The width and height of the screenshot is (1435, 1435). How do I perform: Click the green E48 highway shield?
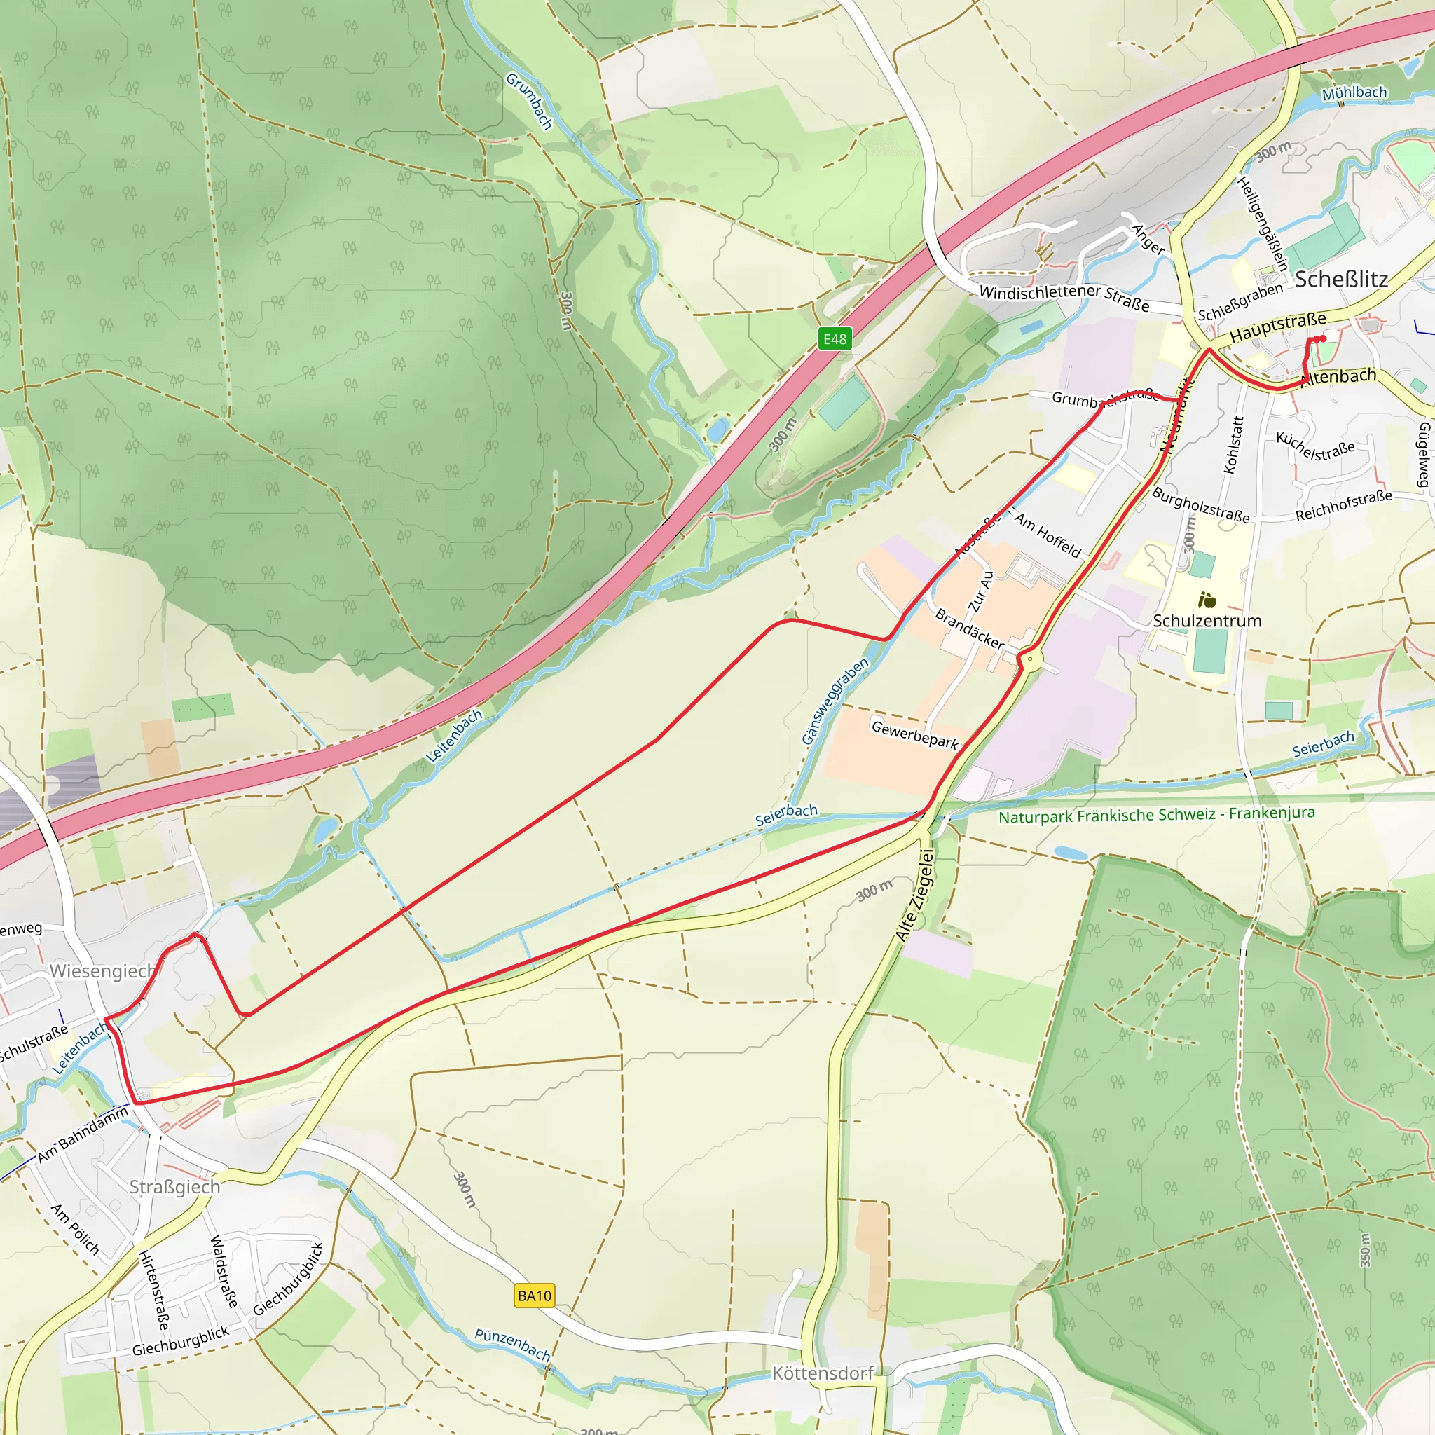pos(834,338)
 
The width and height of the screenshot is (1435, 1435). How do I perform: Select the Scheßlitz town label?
pos(1340,279)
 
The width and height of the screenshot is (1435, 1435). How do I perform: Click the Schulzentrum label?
pos(1207,620)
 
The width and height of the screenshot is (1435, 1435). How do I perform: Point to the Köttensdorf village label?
pos(822,1373)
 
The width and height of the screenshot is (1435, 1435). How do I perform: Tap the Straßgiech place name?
pos(174,1187)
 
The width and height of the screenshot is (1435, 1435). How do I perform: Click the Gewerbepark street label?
pos(914,734)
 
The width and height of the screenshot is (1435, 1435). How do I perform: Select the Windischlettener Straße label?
pos(1064,296)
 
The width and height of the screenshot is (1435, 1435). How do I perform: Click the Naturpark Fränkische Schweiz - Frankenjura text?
pos(1156,815)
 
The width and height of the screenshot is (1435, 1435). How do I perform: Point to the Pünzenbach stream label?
pos(512,1345)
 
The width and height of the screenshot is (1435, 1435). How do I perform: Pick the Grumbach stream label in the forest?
pos(530,101)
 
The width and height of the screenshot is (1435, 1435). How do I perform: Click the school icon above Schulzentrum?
pos(1207,598)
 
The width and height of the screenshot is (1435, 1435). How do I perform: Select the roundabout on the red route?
pos(1029,658)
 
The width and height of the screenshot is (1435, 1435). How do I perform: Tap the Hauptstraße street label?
pos(1277,327)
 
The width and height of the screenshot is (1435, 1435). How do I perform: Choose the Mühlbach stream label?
pos(1354,93)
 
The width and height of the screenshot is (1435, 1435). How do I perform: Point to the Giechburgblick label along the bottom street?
pos(181,1341)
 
